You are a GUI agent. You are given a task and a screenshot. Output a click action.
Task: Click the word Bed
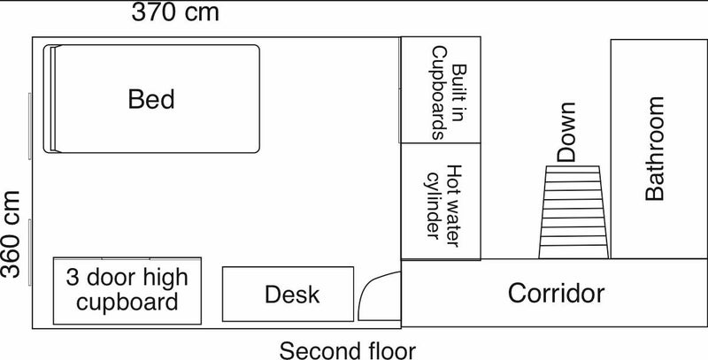151,99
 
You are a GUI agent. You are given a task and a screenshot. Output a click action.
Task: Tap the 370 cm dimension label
175,11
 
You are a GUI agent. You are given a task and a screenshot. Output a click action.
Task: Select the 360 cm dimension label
11,234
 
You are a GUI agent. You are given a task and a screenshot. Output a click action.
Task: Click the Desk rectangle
289,295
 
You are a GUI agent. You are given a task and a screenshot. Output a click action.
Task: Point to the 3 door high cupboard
127,291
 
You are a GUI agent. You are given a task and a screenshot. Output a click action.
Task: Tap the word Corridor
556,294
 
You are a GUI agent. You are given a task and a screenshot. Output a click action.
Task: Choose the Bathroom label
655,149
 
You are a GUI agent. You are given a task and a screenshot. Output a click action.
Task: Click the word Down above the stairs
566,132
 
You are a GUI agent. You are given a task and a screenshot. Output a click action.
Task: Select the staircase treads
573,212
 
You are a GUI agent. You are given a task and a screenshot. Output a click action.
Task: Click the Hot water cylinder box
441,202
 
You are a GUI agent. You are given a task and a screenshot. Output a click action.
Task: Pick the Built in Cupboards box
441,89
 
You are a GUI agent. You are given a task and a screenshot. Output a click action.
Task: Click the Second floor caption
347,351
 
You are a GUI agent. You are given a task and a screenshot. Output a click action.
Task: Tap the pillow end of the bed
50,99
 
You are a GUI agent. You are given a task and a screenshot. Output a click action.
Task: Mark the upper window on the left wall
30,126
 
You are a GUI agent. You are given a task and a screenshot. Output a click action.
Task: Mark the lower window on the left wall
30,252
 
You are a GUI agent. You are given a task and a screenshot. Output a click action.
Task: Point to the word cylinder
434,205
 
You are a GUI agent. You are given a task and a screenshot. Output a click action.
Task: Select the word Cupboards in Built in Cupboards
439,94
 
